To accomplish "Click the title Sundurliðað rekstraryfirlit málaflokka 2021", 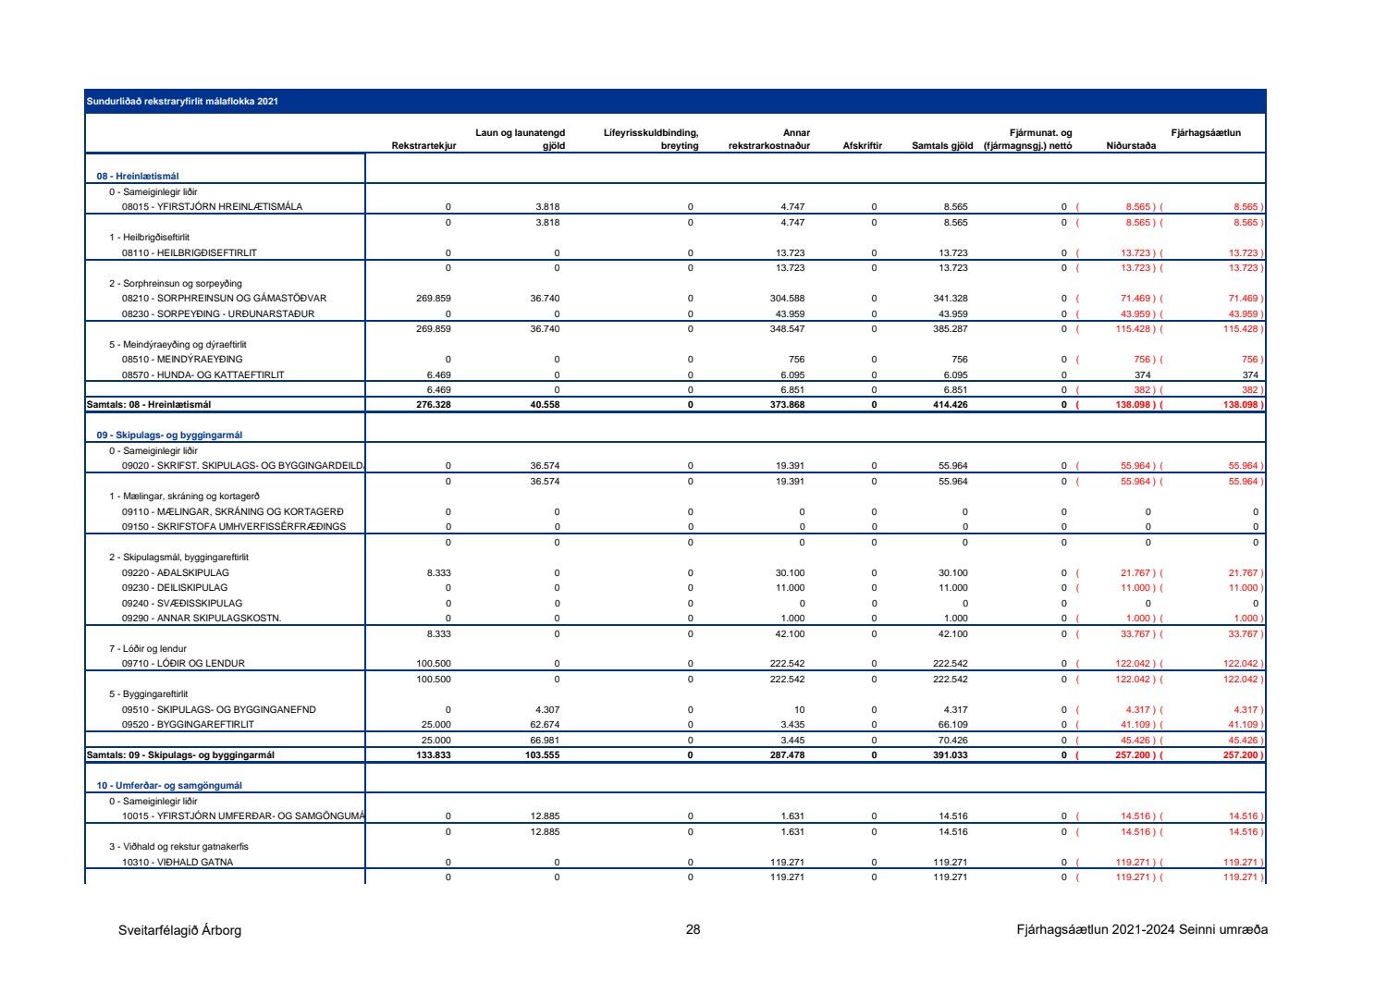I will (182, 101).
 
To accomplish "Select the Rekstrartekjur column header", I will (423, 146).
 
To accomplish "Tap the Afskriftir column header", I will (862, 146).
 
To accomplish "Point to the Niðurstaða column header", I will (1130, 146).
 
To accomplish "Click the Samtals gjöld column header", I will (941, 146).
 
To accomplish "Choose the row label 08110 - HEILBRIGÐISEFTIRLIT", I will (190, 252).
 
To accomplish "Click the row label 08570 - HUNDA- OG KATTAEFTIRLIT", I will (203, 375).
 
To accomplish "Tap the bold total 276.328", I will (433, 405).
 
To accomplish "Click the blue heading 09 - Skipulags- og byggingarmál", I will (170, 435).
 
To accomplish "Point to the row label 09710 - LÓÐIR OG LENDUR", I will (183, 664).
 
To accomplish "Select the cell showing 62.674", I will (544, 725).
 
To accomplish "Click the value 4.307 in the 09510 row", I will (546, 710).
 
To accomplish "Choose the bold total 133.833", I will (433, 755).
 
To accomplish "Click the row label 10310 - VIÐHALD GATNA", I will (178, 863).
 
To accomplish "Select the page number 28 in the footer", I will (693, 930).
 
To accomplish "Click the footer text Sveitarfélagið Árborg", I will (179, 930).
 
